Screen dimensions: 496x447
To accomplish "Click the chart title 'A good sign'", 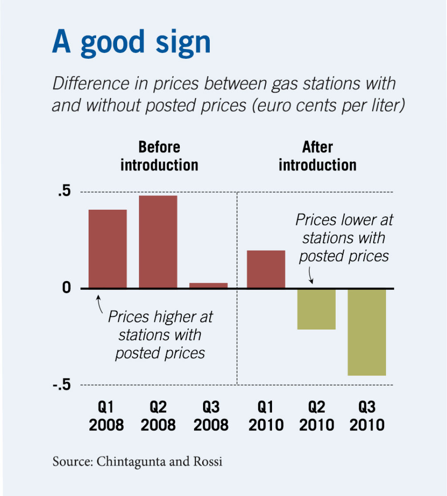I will tap(131, 42).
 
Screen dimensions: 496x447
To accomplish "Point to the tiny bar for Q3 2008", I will tap(208, 285).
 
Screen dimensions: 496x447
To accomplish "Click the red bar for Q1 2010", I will tap(266, 269).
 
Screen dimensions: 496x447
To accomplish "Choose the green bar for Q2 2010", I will tap(316, 309).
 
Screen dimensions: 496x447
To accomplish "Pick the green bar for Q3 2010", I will tap(366, 332).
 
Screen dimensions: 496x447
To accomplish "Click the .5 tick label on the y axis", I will tap(64, 191).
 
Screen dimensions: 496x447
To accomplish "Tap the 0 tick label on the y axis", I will tap(66, 288).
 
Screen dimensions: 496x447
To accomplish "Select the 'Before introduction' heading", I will tap(159, 156).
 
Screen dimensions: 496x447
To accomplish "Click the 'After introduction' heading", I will tap(317, 156).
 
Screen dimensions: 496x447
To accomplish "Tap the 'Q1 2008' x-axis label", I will tap(106, 416).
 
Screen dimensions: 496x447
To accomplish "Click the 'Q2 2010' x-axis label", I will tap(317, 416).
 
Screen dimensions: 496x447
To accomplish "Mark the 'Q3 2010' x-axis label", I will tap(367, 416).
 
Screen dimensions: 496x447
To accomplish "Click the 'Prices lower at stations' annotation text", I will tap(344, 238).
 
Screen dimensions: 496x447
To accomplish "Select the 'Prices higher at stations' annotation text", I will tap(160, 335).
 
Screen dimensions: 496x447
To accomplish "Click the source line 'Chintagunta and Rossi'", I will tap(137, 461).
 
